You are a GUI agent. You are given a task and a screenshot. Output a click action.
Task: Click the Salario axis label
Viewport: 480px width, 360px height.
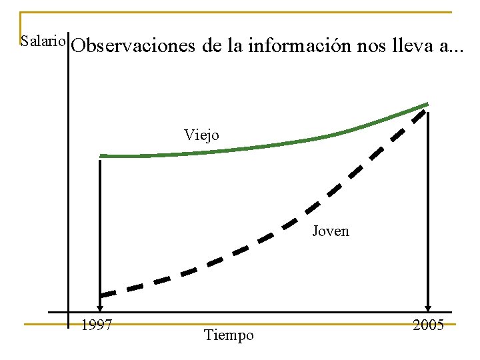pos(43,41)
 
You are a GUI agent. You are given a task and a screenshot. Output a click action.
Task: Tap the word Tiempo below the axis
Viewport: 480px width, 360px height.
pos(229,335)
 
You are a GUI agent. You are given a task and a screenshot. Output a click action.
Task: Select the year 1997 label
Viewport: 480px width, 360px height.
pos(96,325)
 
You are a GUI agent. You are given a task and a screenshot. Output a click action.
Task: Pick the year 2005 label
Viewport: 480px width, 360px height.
pos(428,325)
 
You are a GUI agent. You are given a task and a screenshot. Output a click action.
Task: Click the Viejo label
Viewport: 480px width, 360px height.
pos(201,135)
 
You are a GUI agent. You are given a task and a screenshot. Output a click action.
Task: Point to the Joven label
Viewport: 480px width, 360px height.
pos(331,231)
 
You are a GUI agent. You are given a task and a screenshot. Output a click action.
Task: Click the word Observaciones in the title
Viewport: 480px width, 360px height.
pos(133,47)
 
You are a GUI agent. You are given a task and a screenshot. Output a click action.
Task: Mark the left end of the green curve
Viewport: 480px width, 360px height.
pos(102,156)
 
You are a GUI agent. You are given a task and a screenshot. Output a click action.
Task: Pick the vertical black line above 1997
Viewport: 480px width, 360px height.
pos(99,227)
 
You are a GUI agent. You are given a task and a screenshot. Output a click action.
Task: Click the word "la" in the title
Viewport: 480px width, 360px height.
pos(233,47)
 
